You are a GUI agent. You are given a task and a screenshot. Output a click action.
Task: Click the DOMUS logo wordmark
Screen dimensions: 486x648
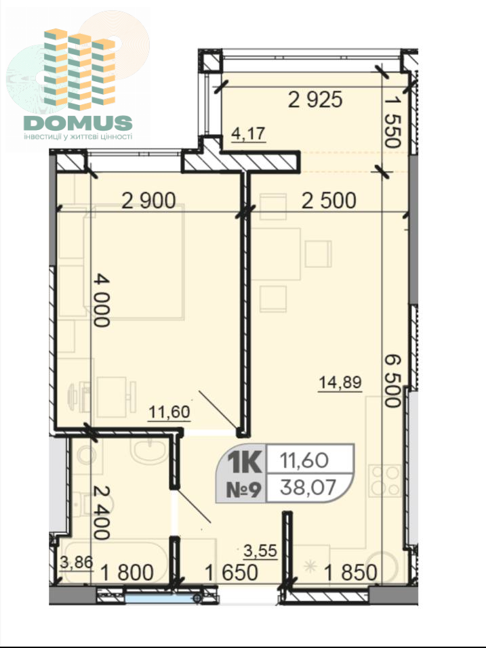(78, 123)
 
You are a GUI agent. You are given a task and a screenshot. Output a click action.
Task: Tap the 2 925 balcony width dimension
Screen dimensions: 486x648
(315, 100)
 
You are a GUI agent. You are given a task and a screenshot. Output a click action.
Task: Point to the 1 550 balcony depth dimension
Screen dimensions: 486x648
(392, 123)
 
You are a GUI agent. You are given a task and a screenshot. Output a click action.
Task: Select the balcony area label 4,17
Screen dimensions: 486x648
(248, 133)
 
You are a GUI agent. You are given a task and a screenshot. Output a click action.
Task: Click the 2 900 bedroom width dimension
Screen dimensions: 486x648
(148, 200)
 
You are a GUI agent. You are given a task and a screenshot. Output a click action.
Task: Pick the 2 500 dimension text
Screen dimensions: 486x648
(329, 200)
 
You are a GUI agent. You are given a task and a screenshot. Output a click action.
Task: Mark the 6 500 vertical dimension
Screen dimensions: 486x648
(392, 381)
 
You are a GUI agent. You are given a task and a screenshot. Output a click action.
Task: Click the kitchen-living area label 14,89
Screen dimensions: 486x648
(340, 383)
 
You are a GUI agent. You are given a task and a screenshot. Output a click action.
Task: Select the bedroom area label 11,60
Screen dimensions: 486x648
(169, 412)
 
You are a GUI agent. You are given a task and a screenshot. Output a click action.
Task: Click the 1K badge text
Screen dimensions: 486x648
(245, 461)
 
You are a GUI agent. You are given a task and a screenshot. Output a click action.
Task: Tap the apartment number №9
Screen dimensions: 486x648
(243, 490)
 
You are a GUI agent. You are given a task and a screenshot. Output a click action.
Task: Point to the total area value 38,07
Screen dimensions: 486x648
(308, 488)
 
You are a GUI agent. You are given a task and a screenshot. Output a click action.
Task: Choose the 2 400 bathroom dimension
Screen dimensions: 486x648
(102, 513)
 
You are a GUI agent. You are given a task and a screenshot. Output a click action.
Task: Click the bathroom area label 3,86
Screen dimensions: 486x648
(77, 563)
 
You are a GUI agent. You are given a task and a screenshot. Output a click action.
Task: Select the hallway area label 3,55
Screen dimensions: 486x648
(260, 550)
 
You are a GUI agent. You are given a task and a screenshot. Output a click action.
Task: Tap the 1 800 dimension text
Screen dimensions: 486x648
(127, 573)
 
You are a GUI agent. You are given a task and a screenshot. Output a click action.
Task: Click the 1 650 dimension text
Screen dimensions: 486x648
(231, 573)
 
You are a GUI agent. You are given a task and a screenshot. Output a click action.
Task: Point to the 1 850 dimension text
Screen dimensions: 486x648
(350, 573)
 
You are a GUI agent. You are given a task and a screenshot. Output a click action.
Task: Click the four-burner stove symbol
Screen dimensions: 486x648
(385, 481)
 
